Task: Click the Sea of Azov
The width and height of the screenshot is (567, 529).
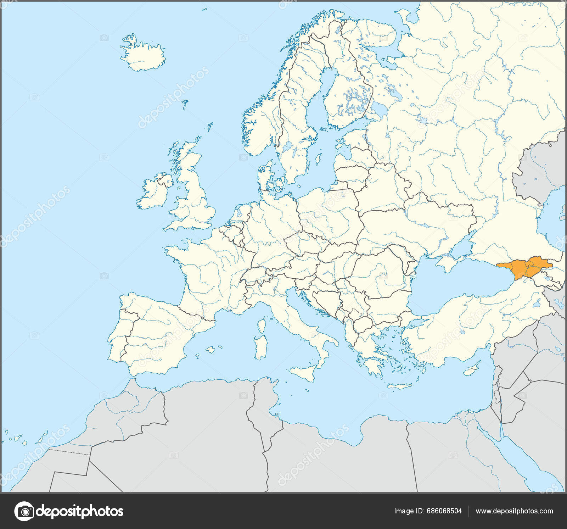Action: coord(461,250)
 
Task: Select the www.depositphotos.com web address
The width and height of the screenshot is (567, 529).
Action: coord(514,511)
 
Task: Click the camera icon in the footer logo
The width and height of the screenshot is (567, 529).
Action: coord(24,511)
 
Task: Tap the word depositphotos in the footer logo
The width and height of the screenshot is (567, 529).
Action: coord(80,511)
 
